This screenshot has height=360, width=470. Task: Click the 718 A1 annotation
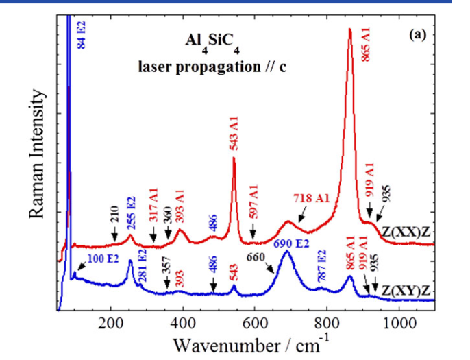312,199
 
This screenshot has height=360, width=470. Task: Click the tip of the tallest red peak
350,29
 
